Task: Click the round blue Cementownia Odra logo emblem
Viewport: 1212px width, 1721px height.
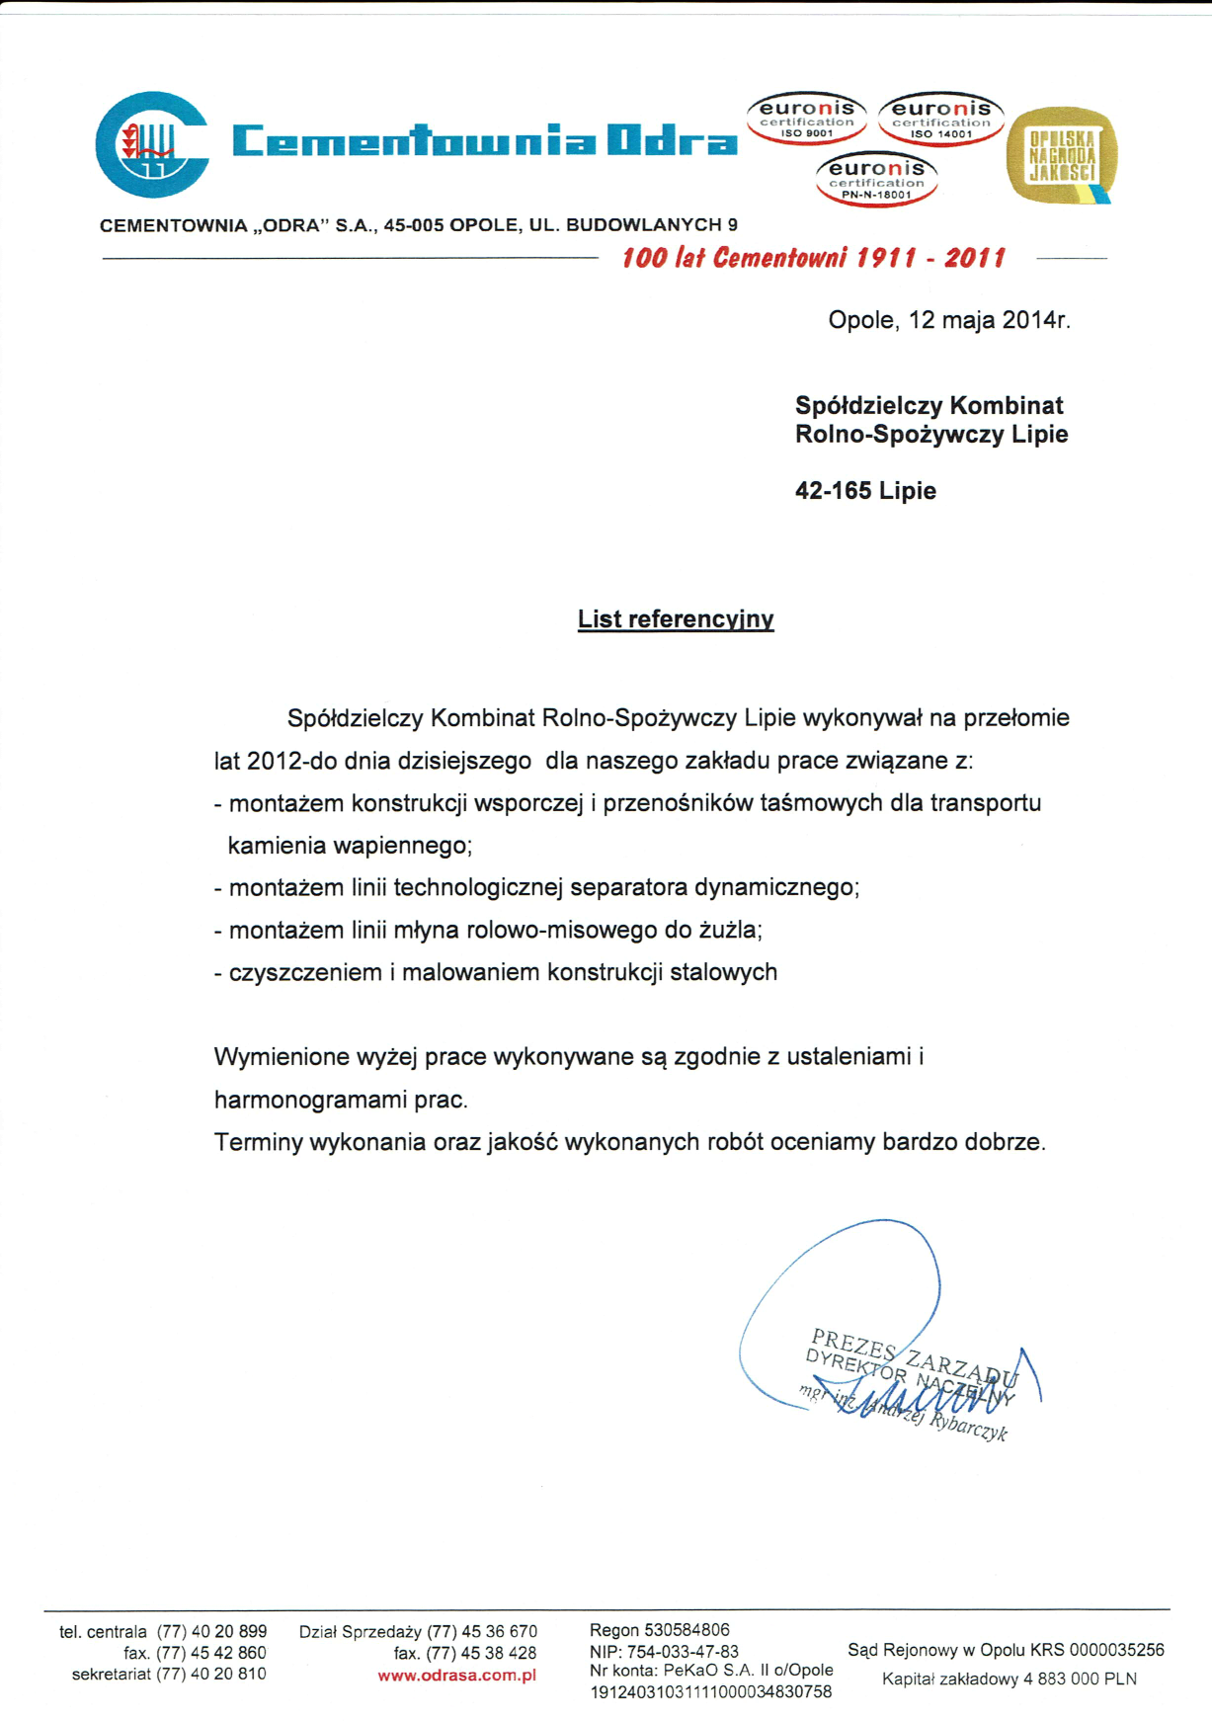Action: [151, 144]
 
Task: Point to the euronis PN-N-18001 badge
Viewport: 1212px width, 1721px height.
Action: [876, 179]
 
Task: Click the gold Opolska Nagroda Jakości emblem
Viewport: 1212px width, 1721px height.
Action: [1062, 155]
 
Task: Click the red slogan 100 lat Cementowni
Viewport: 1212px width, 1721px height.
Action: [813, 259]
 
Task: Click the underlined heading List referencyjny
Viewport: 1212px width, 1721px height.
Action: [676, 619]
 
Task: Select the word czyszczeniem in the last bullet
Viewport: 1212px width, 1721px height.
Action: [305, 973]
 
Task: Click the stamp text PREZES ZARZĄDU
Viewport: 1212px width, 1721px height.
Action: [913, 1355]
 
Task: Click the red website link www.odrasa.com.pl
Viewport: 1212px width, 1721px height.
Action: [456, 1676]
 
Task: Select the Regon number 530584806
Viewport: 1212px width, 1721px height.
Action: [686, 1630]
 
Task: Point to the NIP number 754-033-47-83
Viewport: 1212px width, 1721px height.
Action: [682, 1651]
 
